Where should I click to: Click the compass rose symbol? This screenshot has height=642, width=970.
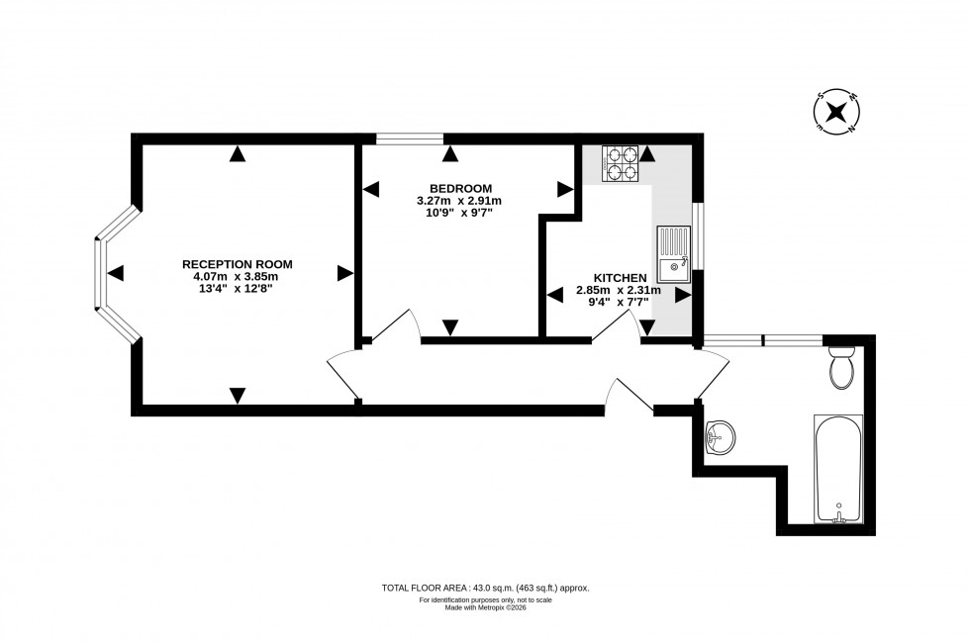[x=836, y=111]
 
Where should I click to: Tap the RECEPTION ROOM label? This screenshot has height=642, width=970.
[x=238, y=264]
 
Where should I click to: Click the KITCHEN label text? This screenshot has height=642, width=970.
[x=620, y=277]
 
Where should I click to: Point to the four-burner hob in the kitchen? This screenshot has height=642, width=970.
[x=621, y=163]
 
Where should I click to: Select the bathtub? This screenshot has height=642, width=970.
[x=837, y=469]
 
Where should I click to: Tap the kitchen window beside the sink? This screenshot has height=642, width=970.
[x=697, y=235]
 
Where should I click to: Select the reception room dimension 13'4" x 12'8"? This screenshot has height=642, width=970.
[x=238, y=289]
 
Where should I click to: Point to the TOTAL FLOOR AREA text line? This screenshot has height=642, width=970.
[x=485, y=588]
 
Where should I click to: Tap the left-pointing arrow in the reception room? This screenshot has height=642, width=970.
[x=116, y=273]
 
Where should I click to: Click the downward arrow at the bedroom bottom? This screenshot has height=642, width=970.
[x=450, y=327]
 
